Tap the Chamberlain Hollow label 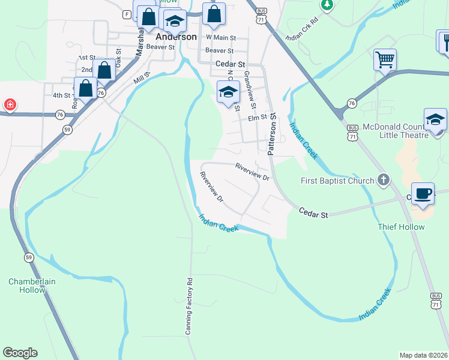coord(26,286)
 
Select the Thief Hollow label coord(401,227)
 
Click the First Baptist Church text coord(337,180)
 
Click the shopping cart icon coord(385,59)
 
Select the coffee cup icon coord(423,193)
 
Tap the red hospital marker coord(10,105)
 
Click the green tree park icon coord(327,5)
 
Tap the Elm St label coord(257,118)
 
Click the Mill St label coord(141,77)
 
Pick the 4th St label coord(61,95)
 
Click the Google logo coord(20,353)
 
